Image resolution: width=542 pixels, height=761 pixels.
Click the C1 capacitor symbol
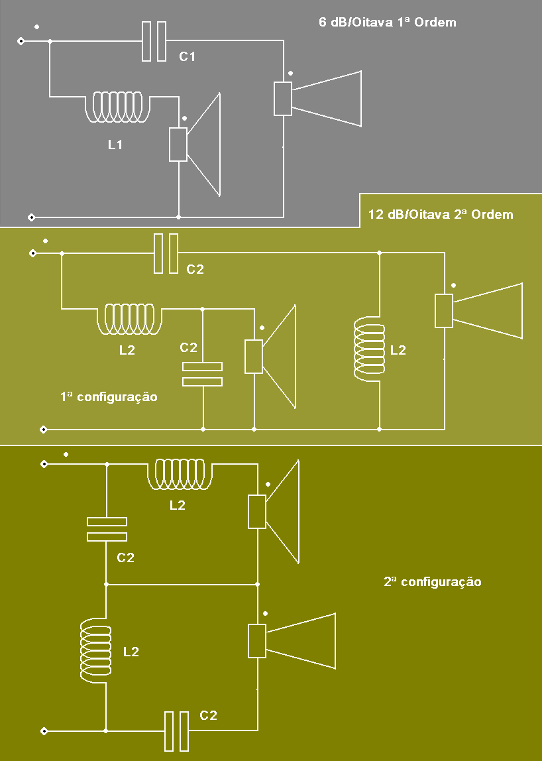(x=154, y=42)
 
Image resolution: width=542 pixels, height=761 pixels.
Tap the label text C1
(x=188, y=57)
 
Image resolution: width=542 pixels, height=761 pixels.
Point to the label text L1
(x=115, y=145)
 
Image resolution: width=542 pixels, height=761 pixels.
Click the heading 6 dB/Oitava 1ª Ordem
(x=387, y=23)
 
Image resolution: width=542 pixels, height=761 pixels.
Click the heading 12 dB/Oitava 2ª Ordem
(x=440, y=215)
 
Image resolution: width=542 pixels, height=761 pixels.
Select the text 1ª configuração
(x=109, y=397)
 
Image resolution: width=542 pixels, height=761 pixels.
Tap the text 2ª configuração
(x=432, y=582)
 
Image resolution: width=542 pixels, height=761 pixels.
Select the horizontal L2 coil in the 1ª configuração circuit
(x=131, y=320)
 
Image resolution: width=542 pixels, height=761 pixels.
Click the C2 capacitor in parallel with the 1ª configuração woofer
(x=202, y=374)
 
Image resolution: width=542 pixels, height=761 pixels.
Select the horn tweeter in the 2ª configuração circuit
(x=296, y=641)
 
